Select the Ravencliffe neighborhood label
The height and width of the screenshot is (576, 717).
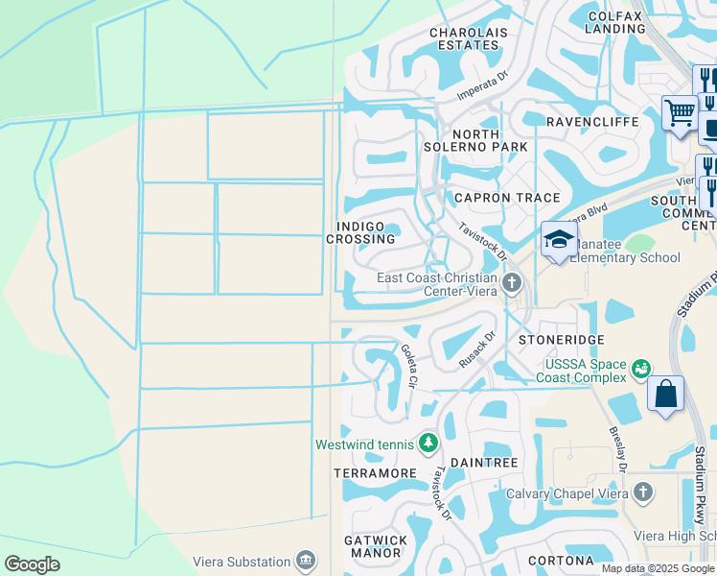(x=591, y=122)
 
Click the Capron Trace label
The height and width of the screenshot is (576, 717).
(x=507, y=198)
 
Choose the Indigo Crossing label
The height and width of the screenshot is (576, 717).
(x=361, y=232)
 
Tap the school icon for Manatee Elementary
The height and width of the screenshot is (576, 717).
(x=558, y=239)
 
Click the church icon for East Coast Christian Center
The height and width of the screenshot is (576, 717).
(x=513, y=282)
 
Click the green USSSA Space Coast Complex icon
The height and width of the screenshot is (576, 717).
(x=639, y=367)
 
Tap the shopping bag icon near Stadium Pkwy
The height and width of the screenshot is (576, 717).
(x=665, y=394)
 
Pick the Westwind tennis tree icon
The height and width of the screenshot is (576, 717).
(x=428, y=444)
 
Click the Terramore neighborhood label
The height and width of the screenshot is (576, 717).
(x=375, y=474)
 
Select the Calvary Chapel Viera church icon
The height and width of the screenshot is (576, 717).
(x=643, y=493)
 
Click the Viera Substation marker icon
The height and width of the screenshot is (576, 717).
(x=306, y=560)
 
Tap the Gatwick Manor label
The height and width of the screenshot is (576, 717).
(x=375, y=546)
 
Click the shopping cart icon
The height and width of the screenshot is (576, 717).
(x=680, y=112)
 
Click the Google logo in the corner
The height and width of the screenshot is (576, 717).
(x=33, y=564)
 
